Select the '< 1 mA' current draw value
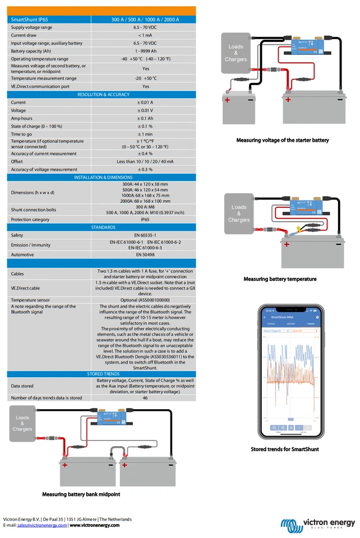click(x=145, y=35)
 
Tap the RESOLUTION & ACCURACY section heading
click(x=103, y=95)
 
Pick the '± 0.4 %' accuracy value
click(x=145, y=154)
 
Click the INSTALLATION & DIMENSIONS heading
click(x=103, y=177)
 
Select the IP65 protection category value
click(x=145, y=220)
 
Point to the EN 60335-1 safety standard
click(x=145, y=235)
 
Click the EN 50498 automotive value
click(x=145, y=254)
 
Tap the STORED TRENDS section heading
click(x=103, y=373)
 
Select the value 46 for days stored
click(x=145, y=398)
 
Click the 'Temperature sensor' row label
click(x=30, y=300)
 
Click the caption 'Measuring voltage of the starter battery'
click(x=283, y=140)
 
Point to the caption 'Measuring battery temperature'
click(x=280, y=279)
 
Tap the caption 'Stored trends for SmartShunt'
click(x=285, y=449)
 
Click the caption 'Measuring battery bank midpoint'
click(x=81, y=494)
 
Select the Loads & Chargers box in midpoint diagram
click(x=22, y=424)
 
